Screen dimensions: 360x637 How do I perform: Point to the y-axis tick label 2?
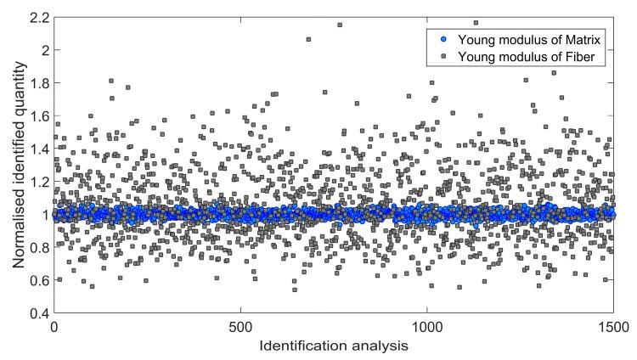[x=42, y=49]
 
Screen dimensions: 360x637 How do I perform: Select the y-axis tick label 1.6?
[x=37, y=115]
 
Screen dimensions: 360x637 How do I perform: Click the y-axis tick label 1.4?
[x=37, y=149]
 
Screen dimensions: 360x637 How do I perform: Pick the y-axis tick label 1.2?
[x=37, y=182]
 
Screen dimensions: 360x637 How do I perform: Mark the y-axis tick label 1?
[x=42, y=215]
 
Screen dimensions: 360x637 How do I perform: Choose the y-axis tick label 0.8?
[x=37, y=248]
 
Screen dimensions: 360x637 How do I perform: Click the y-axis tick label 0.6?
[x=37, y=281]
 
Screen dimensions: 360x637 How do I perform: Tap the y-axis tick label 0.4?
[x=37, y=314]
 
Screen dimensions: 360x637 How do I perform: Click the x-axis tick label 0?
[x=54, y=327]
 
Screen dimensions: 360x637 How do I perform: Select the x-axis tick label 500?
[x=240, y=327]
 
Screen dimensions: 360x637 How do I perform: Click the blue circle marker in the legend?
[x=440, y=41]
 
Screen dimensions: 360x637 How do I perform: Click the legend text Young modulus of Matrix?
[x=521, y=41]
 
